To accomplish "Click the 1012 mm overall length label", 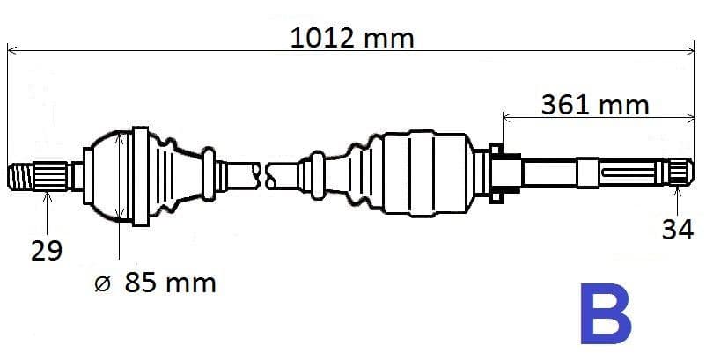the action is click(x=351, y=38).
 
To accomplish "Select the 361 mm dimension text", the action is click(x=595, y=106).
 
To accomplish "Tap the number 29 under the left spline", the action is click(x=47, y=250).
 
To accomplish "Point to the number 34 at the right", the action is click(x=677, y=230).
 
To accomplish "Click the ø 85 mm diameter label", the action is click(x=155, y=283).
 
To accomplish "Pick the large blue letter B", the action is click(x=606, y=313).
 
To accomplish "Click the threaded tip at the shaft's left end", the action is click(x=21, y=176).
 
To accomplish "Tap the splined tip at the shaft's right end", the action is click(x=680, y=172).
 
